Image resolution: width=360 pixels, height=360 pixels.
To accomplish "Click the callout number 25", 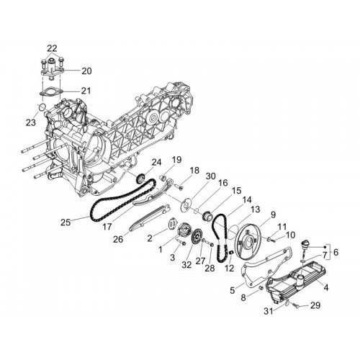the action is tap(66, 222).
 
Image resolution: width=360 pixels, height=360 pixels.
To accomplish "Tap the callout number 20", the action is tap(86, 71).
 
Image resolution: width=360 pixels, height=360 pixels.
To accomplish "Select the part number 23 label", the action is tap(31, 122).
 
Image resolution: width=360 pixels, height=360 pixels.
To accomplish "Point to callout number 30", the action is tap(211, 176).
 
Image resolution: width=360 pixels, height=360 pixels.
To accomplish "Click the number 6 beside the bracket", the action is tap(336, 252).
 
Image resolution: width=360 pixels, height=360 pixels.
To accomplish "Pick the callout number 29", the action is tap(315, 305).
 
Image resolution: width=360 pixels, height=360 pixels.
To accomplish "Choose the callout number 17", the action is tap(107, 226).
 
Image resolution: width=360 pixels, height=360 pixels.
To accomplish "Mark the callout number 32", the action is tap(186, 264).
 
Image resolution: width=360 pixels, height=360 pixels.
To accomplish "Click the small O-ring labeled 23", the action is tap(42, 107).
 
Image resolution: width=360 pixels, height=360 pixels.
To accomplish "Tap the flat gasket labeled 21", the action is tap(51, 92).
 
